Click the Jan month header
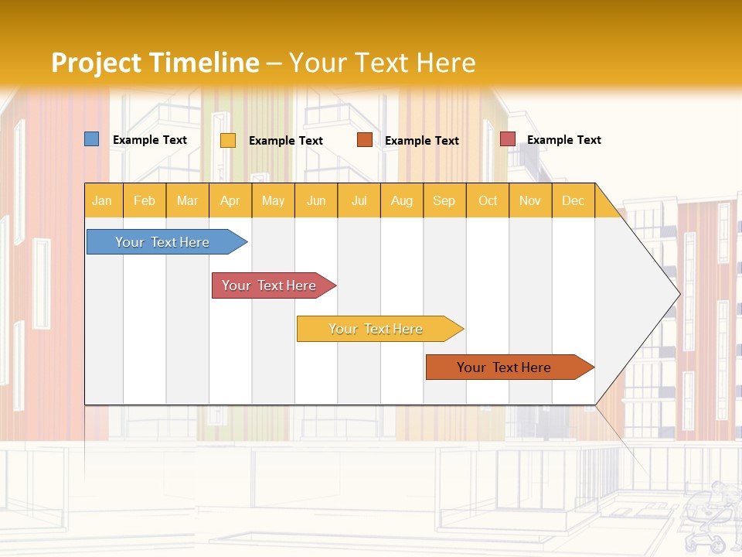[102, 200]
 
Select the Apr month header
[230, 200]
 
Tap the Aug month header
[401, 200]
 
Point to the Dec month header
[573, 200]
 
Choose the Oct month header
[487, 200]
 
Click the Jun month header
[315, 200]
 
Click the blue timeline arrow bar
[162, 242]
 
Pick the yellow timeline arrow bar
[376, 329]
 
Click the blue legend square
[91, 139]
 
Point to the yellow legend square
[227, 140]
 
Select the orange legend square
[365, 139]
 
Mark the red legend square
[507, 138]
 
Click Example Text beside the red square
[563, 140]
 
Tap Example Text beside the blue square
[149, 140]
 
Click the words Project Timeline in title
[155, 63]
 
